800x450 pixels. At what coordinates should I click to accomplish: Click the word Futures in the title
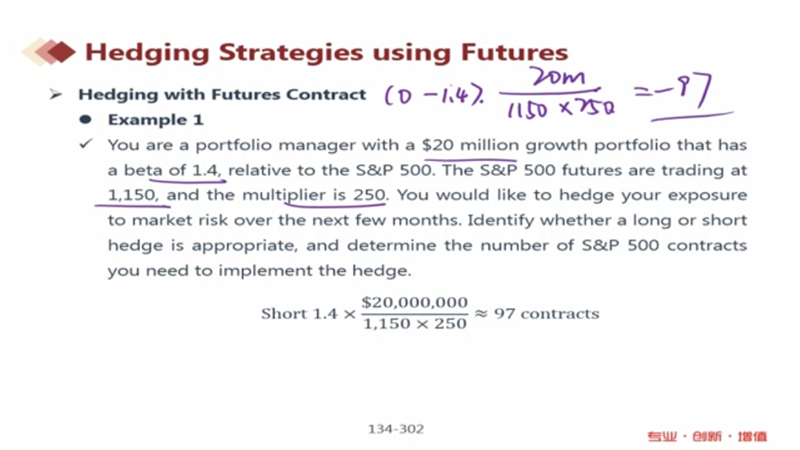[x=514, y=52]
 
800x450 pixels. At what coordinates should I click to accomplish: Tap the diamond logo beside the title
[x=49, y=52]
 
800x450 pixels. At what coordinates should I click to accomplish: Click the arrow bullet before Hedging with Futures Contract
[x=56, y=94]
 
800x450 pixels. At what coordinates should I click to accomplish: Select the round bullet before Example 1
[x=85, y=119]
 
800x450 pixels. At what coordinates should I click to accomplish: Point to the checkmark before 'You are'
[x=86, y=144]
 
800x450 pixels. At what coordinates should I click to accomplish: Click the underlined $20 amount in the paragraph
[x=438, y=145]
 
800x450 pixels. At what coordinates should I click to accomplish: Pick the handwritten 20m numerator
[x=556, y=78]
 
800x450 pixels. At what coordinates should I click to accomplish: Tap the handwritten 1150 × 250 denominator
[x=561, y=108]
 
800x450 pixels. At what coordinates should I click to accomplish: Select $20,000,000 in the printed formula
[x=415, y=302]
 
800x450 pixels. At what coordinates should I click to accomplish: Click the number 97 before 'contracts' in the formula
[x=504, y=314]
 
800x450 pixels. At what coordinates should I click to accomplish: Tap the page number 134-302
[x=396, y=429]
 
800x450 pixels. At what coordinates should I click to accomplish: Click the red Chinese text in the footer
[x=707, y=436]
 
